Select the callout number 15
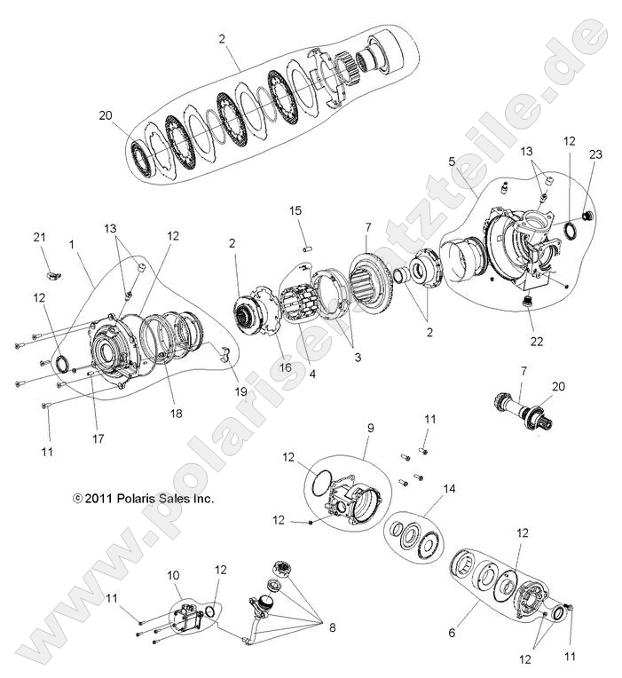pos(295,210)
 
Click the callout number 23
pos(595,154)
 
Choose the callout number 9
pos(371,428)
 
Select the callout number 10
pos(174,576)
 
